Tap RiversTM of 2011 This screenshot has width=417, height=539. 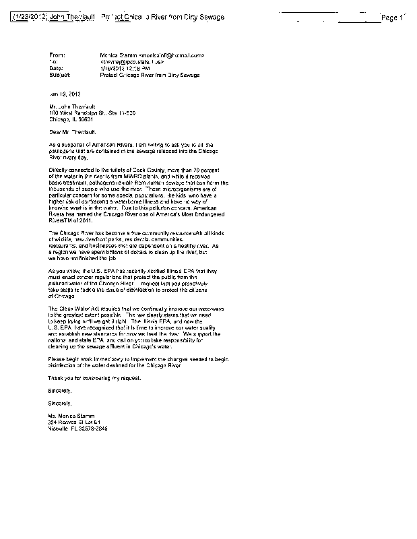[73, 220]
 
